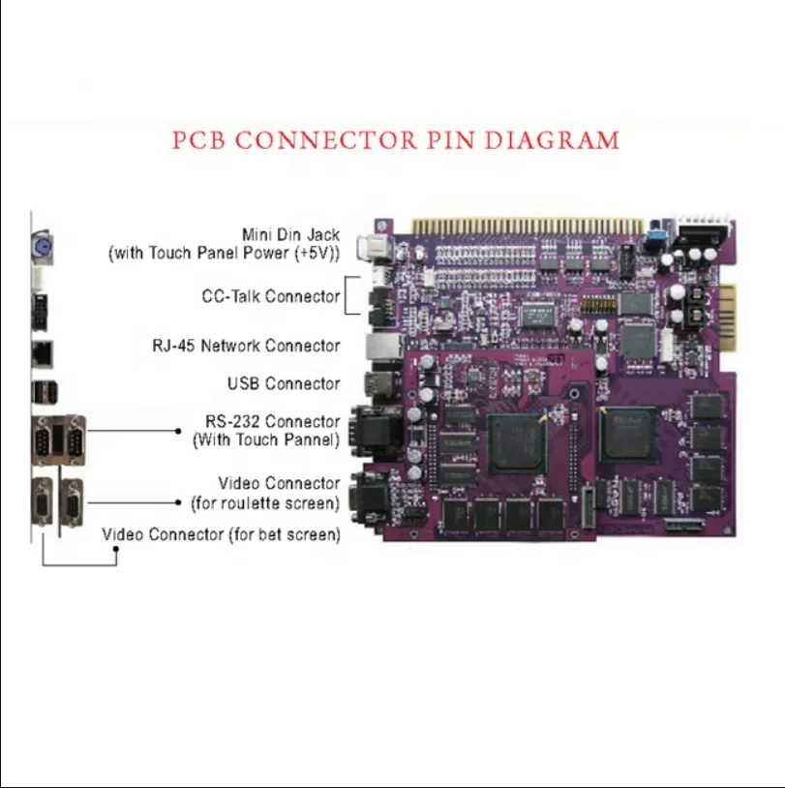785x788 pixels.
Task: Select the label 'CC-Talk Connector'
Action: pyautogui.click(x=271, y=296)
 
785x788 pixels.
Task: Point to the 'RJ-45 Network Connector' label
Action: pyautogui.click(x=246, y=346)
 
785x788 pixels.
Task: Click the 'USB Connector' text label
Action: pyautogui.click(x=284, y=384)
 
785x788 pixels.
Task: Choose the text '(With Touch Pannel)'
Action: pyautogui.click(x=266, y=440)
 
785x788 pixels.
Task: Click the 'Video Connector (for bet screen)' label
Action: pyautogui.click(x=221, y=534)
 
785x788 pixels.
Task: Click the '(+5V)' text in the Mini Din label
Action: pyautogui.click(x=315, y=255)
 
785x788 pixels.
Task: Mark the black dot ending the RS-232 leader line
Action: pyautogui.click(x=179, y=431)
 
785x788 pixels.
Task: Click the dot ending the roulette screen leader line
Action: pyautogui.click(x=179, y=502)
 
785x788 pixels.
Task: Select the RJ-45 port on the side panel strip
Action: pyautogui.click(x=41, y=352)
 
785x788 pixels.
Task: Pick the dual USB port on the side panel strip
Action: pyautogui.click(x=41, y=392)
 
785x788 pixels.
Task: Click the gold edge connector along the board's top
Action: pyautogui.click(x=528, y=226)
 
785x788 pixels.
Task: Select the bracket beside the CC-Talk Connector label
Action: pyautogui.click(x=347, y=296)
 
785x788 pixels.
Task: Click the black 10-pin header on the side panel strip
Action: pyautogui.click(x=40, y=311)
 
